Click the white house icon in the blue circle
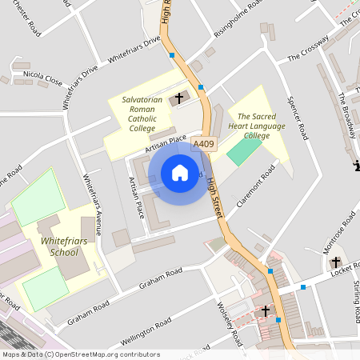point(180,172)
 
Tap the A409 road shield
point(204,144)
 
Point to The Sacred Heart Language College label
point(255,126)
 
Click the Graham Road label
point(161,279)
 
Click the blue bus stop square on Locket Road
point(303,286)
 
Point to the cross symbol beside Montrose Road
point(335,262)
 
